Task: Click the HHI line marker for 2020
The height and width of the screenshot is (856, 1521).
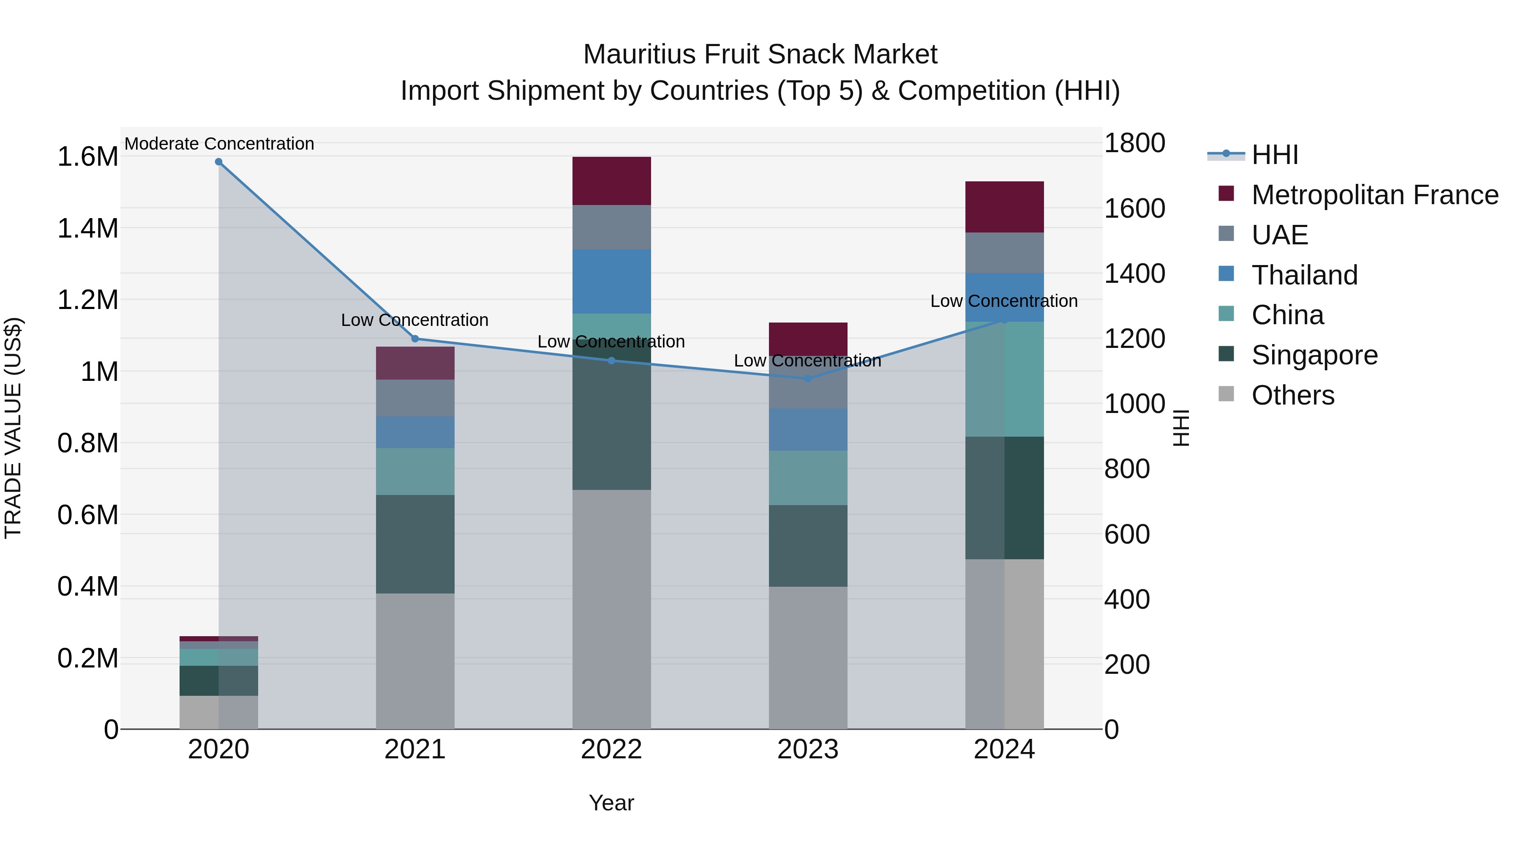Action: [x=218, y=162]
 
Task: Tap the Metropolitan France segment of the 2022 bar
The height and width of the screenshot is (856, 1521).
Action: [x=612, y=181]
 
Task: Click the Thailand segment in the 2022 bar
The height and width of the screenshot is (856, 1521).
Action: [x=612, y=281]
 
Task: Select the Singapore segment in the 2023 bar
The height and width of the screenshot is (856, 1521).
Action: [x=808, y=545]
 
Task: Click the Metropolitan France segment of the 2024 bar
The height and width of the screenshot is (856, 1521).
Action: [x=1004, y=207]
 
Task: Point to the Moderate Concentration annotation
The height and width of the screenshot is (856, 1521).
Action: [x=219, y=144]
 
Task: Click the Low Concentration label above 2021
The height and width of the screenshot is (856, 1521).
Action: [x=414, y=320]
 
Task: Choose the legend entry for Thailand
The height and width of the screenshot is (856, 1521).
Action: [x=1304, y=275]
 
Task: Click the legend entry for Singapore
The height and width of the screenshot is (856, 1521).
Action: [x=1314, y=355]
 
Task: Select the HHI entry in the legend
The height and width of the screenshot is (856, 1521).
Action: [x=1275, y=155]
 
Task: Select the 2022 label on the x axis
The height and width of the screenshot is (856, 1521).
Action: [x=611, y=749]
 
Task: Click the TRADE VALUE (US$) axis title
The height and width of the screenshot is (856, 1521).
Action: [x=13, y=428]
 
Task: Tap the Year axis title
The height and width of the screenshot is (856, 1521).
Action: [x=611, y=803]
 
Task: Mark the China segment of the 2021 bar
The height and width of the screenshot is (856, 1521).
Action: [x=415, y=471]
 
